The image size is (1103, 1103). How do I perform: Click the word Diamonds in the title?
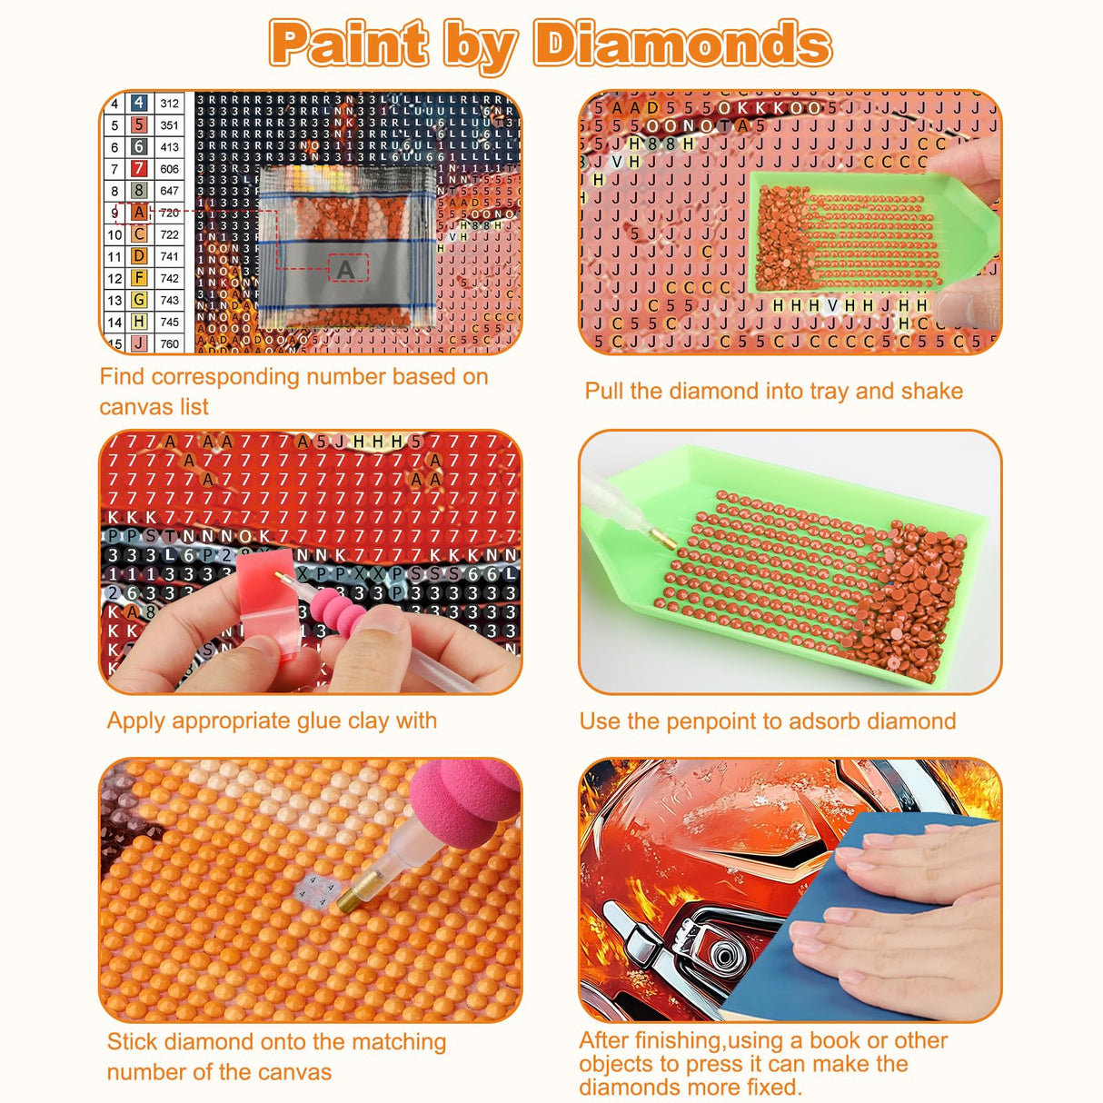click(x=681, y=44)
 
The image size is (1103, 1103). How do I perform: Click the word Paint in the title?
click(x=349, y=44)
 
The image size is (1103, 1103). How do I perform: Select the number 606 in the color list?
click(x=169, y=169)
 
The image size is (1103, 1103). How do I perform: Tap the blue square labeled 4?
click(x=138, y=104)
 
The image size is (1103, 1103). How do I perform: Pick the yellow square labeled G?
click(x=138, y=300)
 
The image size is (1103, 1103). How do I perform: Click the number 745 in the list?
click(x=169, y=322)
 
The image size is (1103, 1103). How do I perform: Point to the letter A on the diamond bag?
click(x=345, y=269)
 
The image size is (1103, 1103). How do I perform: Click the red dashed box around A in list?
click(x=138, y=213)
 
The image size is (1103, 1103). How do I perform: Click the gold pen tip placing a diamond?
click(x=348, y=899)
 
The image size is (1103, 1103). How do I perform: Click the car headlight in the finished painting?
click(x=718, y=954)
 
